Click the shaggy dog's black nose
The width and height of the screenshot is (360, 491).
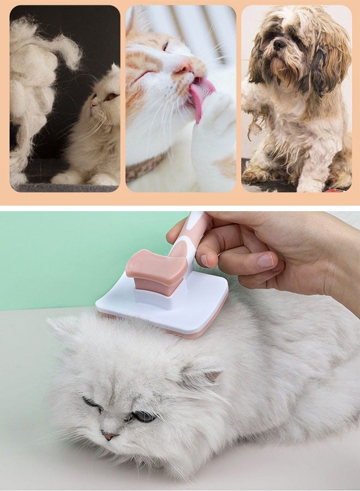pos(280,44)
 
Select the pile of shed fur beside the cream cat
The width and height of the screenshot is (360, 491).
pos(33,82)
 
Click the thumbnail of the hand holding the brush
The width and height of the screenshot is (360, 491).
pos(266,260)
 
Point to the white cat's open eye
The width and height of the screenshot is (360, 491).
pos(143,416)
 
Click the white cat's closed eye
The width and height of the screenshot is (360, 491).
pos(91,403)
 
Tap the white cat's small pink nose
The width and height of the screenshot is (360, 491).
pos(109,436)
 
